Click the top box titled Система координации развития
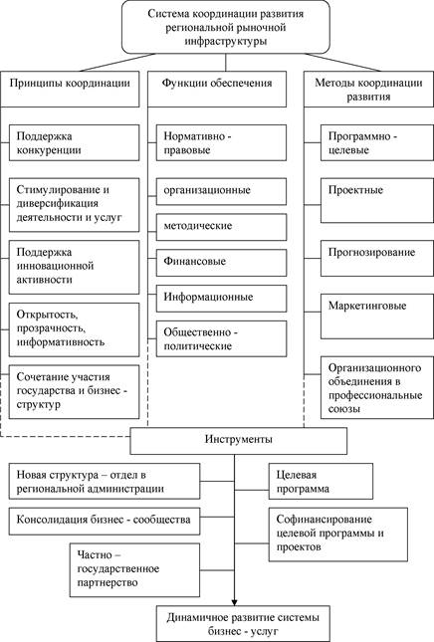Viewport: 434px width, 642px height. point(226,27)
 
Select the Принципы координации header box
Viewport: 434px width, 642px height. point(70,90)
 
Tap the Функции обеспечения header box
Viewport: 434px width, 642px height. point(217,90)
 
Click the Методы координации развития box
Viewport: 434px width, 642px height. point(368,90)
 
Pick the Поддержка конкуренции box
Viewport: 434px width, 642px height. point(74,143)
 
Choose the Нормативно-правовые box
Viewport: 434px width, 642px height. point(222,143)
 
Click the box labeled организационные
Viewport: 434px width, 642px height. point(222,191)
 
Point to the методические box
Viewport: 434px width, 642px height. point(222,227)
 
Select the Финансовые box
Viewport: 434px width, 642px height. point(222,263)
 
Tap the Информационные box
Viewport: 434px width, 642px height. point(222,298)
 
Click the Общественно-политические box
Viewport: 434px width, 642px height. point(222,339)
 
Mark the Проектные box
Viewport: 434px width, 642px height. point(377,201)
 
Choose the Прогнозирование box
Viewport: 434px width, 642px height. point(377,259)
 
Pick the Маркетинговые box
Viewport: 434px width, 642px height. point(377,317)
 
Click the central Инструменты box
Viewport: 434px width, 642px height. point(239,441)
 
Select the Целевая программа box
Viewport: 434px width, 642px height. point(321,481)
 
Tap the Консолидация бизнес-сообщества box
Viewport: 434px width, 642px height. point(105,522)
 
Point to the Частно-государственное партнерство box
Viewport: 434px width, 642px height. point(134,570)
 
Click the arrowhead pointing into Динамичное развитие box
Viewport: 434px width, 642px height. point(234,603)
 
